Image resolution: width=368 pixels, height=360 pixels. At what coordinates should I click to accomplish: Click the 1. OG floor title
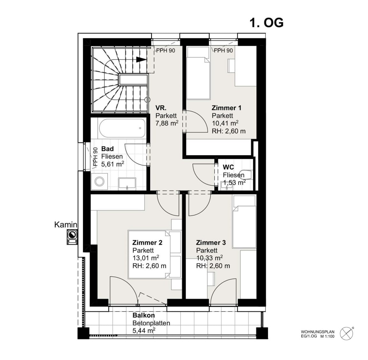point(266,23)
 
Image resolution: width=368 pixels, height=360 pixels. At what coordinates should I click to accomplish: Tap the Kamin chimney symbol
point(72,237)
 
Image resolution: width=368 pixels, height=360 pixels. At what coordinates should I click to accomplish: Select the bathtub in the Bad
point(122,128)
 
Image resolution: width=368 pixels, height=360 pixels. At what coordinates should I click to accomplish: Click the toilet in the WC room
point(248,175)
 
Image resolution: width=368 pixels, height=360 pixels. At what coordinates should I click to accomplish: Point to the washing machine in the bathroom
point(100,181)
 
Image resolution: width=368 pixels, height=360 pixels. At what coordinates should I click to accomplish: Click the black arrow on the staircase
point(141,60)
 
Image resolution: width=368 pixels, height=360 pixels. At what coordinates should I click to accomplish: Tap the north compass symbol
point(347,333)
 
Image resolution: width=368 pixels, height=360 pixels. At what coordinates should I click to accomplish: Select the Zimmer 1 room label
point(226,108)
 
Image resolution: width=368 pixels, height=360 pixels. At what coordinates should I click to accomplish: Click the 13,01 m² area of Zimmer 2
point(146,258)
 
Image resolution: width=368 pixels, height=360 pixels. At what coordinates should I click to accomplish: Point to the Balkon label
point(144,315)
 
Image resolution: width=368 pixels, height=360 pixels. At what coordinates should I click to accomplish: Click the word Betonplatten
point(151,323)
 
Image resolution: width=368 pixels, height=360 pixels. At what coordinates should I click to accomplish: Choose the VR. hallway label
point(161,108)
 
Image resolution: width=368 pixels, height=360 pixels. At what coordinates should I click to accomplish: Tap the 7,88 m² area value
point(167,123)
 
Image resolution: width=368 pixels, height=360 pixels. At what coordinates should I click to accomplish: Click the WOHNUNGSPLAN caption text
point(318,332)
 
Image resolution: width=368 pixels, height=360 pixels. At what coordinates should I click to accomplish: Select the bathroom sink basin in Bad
point(127,183)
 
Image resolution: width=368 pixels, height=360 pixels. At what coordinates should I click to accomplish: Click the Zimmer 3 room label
point(211,242)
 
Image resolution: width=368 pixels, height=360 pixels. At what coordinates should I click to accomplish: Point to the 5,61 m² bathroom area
point(113,164)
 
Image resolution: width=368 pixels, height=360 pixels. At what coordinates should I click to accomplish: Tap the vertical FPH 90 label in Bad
point(95,157)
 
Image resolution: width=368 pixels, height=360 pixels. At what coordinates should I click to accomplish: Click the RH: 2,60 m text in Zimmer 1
point(229,131)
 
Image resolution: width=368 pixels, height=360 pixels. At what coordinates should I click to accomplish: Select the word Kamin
point(66,225)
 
